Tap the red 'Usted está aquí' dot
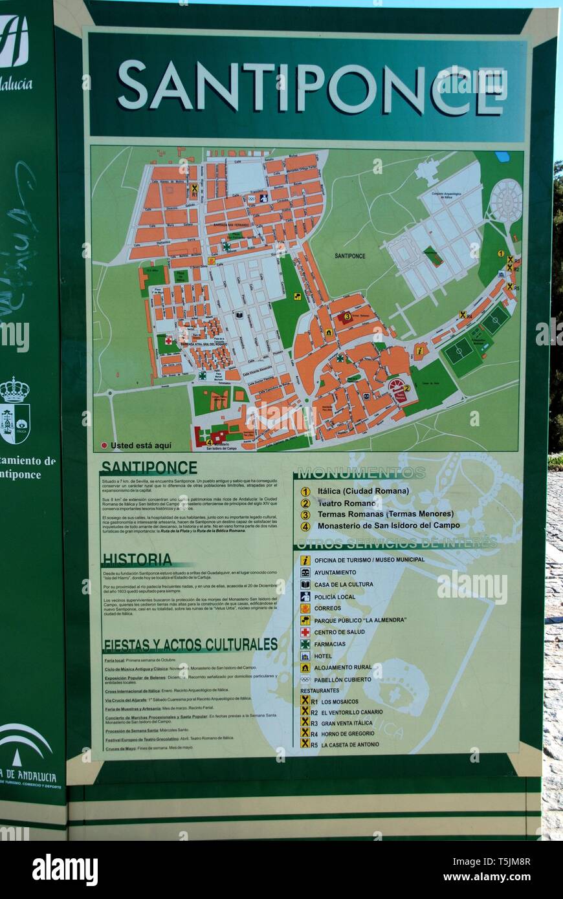[x=104, y=446]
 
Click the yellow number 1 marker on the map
[x=501, y=254]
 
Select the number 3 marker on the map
[x=348, y=316]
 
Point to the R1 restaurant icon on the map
[x=194, y=189]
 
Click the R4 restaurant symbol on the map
[x=463, y=315]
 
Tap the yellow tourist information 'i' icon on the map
[x=420, y=351]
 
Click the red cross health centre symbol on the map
[x=169, y=340]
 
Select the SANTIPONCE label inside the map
[x=349, y=256]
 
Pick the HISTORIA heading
[x=137, y=559]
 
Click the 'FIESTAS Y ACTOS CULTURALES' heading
[x=190, y=644]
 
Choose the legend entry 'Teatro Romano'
[x=346, y=503]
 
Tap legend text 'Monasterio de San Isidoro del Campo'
[x=388, y=526]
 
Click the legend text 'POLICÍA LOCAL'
[x=335, y=596]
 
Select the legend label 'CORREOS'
[x=327, y=608]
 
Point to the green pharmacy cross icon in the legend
[x=305, y=644]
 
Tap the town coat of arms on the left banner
[x=14, y=411]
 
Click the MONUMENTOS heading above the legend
[x=360, y=472]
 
